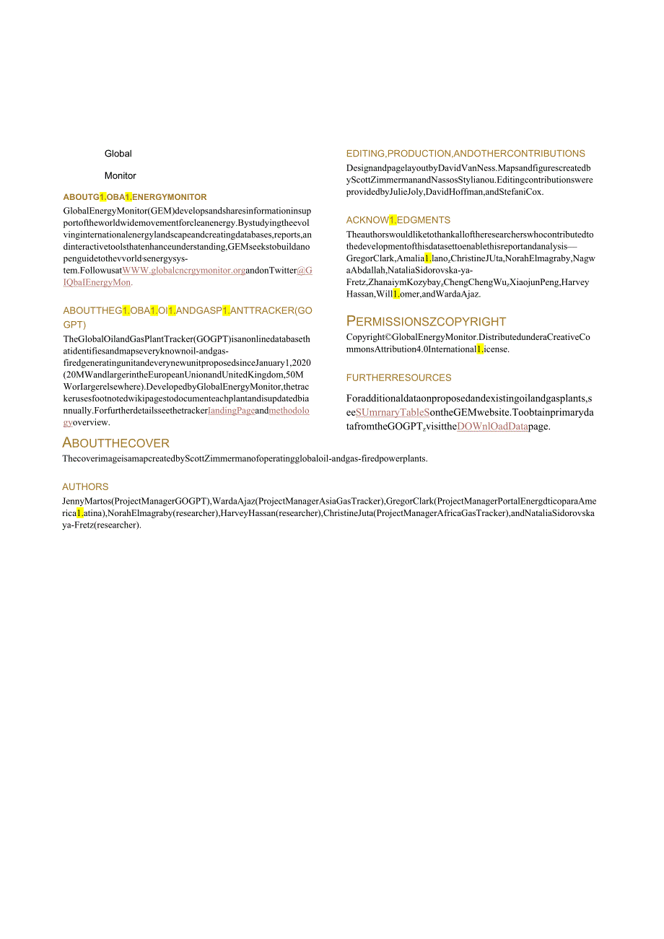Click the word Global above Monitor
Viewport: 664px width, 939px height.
click(x=118, y=154)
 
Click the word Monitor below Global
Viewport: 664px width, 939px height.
click(x=120, y=176)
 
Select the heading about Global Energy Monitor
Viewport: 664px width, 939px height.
click(x=135, y=197)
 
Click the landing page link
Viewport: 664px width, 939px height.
click(x=231, y=411)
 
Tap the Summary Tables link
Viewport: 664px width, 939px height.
click(x=393, y=413)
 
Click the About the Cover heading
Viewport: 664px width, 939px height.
click(x=116, y=443)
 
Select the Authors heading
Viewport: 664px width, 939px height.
click(x=85, y=487)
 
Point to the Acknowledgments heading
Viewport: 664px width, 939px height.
click(x=398, y=220)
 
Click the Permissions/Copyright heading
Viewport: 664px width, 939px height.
click(x=426, y=321)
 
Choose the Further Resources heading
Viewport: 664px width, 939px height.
click(x=398, y=377)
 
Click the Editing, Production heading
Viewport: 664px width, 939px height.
click(x=466, y=154)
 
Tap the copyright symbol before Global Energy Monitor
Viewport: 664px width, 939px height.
click(x=387, y=337)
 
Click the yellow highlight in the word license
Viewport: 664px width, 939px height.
click(x=480, y=349)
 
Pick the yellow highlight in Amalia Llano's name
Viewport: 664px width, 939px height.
click(x=428, y=258)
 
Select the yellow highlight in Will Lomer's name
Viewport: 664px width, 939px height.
click(x=396, y=294)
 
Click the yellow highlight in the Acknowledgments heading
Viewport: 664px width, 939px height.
click(x=393, y=220)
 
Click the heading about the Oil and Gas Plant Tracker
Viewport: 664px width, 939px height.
click(x=188, y=311)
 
